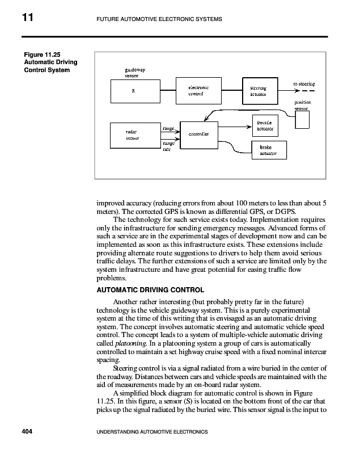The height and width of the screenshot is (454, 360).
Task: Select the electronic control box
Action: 198,91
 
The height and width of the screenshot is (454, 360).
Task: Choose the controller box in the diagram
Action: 199,134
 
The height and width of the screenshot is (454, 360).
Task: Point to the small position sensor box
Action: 303,119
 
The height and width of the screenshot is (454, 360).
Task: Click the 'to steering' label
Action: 304,83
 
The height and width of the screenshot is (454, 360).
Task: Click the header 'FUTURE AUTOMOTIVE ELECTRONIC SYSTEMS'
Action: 155,20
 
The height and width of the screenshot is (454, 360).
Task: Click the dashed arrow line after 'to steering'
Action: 306,91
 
